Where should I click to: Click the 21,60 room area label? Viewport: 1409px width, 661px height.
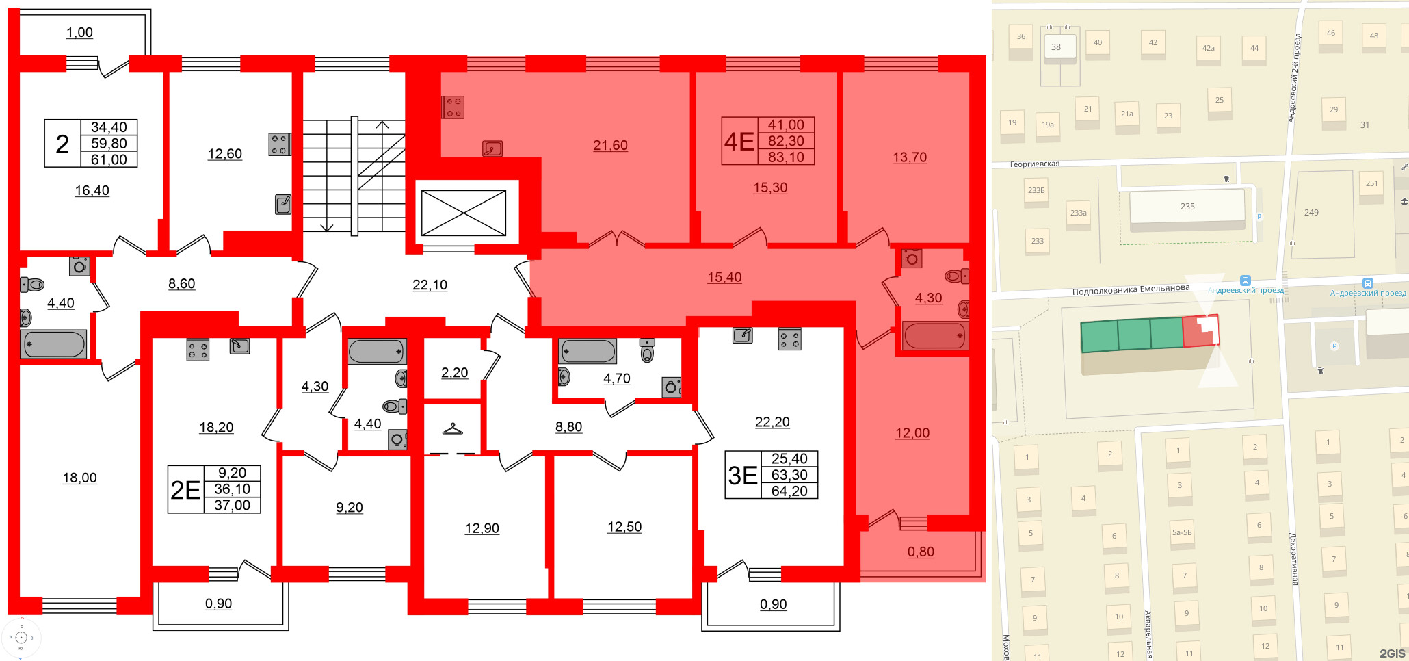[x=610, y=145]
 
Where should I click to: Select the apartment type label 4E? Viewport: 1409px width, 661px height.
[x=739, y=142]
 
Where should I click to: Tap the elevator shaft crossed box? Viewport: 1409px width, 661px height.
[x=464, y=213]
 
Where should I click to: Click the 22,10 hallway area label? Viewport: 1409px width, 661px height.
[x=430, y=285]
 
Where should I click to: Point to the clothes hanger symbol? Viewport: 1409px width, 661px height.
[x=452, y=429]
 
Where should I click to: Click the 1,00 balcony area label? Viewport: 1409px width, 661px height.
[x=79, y=32]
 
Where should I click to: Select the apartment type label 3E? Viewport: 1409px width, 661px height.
[x=743, y=476]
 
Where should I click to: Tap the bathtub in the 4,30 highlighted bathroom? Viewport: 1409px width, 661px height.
[x=934, y=336]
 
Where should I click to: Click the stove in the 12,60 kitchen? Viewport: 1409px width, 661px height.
[x=279, y=144]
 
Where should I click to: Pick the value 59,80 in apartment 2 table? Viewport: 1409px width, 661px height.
[x=109, y=144]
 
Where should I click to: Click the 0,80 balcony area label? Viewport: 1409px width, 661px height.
[x=921, y=552]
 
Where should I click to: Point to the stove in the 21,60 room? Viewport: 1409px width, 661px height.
[x=453, y=107]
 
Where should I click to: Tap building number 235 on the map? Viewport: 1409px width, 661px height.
[x=1187, y=207]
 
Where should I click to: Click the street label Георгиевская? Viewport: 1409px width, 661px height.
[x=1034, y=164]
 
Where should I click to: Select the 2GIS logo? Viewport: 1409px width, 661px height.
[x=1391, y=653]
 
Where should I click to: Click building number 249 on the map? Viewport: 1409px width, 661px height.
[x=1311, y=213]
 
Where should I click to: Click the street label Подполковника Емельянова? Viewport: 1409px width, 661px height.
[x=1131, y=290]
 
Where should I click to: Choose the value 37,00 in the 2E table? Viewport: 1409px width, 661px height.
[x=232, y=505]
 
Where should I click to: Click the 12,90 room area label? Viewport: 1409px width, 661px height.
[x=482, y=528]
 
